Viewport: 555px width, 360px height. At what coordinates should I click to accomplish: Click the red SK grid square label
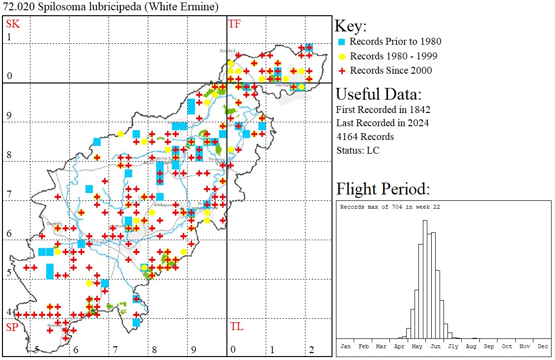(12, 24)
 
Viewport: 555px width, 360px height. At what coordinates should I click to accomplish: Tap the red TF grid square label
(234, 24)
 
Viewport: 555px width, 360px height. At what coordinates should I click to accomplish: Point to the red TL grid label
(236, 327)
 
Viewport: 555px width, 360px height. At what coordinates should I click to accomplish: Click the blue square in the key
(342, 42)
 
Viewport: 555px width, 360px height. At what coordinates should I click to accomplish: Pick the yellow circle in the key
(342, 56)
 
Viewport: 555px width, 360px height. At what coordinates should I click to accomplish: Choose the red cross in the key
(342, 71)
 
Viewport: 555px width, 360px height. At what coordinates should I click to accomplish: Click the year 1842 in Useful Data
(419, 109)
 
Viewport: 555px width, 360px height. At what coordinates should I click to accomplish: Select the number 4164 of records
(347, 137)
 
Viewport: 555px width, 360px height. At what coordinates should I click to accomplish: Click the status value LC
(373, 150)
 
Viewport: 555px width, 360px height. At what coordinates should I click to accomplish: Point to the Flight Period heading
(383, 189)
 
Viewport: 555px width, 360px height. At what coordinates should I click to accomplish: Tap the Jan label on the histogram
(345, 346)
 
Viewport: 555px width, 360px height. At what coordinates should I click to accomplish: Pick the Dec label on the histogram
(542, 346)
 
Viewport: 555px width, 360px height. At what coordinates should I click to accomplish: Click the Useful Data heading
(378, 94)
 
